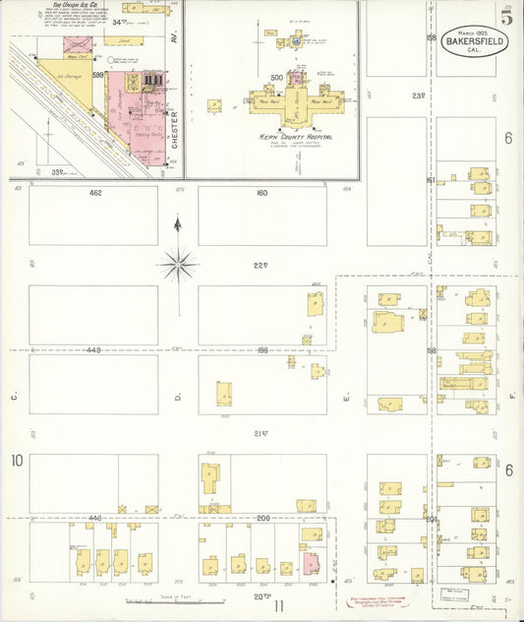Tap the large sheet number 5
point(505,17)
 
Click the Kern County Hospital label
point(293,137)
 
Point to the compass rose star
point(177,263)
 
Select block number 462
point(95,193)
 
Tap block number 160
point(262,193)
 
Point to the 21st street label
point(262,433)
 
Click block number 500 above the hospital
point(276,78)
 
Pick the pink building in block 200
point(311,564)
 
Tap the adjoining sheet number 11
point(280,606)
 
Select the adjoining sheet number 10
point(17,461)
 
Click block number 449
point(93,349)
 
